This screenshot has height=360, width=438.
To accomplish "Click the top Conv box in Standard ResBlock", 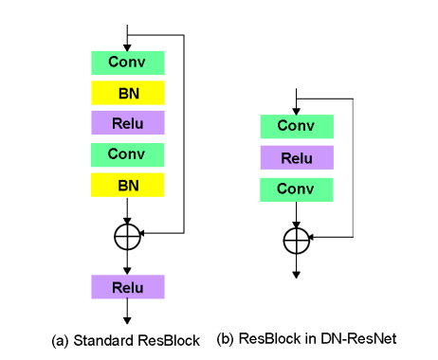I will (128, 63).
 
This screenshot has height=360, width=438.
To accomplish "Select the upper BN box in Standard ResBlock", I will (128, 93).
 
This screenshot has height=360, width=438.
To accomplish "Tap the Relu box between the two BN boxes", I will (128, 122).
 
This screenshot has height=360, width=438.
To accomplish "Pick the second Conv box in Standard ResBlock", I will (128, 153).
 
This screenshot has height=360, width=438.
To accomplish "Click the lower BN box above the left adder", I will (128, 184).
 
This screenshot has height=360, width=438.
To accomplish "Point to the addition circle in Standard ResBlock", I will (128, 236).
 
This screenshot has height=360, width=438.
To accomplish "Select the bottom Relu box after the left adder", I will (128, 286).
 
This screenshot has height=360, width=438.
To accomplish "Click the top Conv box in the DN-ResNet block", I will (297, 126).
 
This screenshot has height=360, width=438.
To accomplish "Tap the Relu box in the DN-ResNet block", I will (297, 157).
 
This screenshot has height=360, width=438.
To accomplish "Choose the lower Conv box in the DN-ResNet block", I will (297, 189).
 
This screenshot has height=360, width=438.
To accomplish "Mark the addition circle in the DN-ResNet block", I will (297, 241).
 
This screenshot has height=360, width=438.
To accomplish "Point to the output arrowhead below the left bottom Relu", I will (128, 320).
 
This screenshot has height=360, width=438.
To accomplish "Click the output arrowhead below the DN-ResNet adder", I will (297, 274).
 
